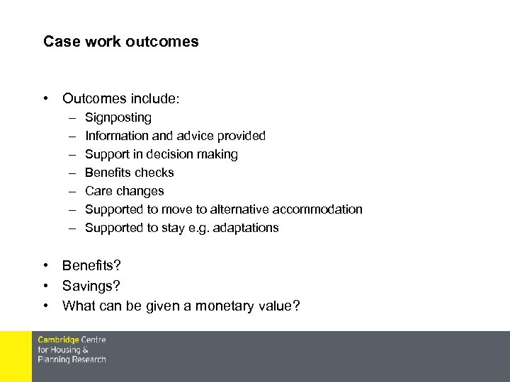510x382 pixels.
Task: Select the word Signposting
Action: click(x=118, y=117)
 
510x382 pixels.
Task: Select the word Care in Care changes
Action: click(x=98, y=191)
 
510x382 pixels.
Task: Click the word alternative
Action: click(x=242, y=209)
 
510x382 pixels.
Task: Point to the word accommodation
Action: click(x=322, y=209)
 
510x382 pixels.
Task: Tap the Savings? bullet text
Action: click(x=91, y=285)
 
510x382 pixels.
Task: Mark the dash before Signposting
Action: click(x=73, y=117)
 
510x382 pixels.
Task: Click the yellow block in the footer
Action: click(x=16, y=357)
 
